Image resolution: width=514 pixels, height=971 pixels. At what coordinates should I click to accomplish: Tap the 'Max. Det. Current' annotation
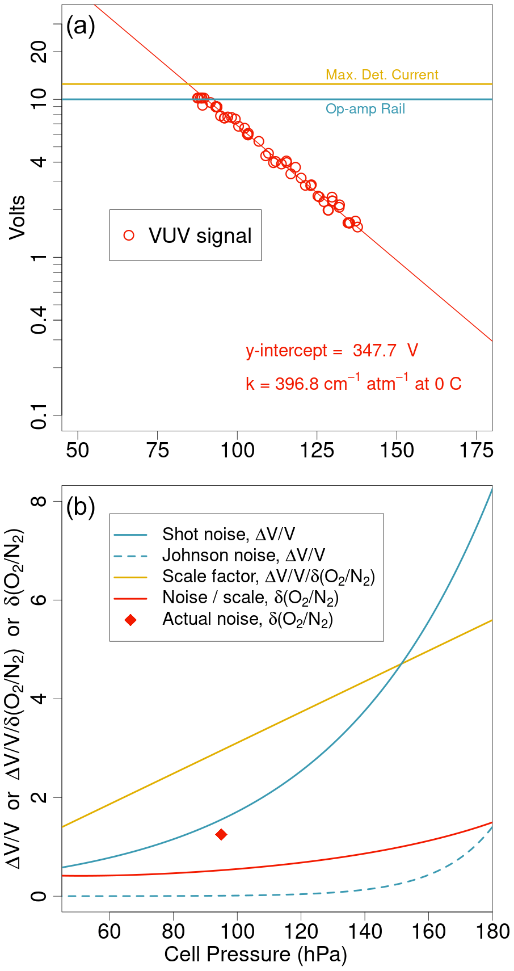coord(382,75)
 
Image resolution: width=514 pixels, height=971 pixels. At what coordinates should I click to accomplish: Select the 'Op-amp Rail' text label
coord(365,109)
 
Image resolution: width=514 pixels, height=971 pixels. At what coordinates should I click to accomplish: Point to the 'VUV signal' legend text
coord(200,236)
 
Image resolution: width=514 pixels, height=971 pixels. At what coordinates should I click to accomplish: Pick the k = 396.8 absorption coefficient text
coord(353,384)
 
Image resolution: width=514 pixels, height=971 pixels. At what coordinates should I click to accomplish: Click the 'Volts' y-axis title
coord(18,217)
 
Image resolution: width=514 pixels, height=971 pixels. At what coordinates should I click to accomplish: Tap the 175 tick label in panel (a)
coord(477,451)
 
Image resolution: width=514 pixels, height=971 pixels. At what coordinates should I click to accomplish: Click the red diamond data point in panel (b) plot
coord(221,834)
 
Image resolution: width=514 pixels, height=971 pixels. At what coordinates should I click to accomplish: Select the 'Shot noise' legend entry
coord(228,534)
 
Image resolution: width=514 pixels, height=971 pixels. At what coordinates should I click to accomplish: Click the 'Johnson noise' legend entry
coord(243,555)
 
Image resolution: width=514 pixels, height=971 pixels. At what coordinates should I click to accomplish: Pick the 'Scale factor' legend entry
coord(268,577)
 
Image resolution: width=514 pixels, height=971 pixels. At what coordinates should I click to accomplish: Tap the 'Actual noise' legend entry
coord(247,619)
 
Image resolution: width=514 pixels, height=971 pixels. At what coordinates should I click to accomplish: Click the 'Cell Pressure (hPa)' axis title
coord(255,955)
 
